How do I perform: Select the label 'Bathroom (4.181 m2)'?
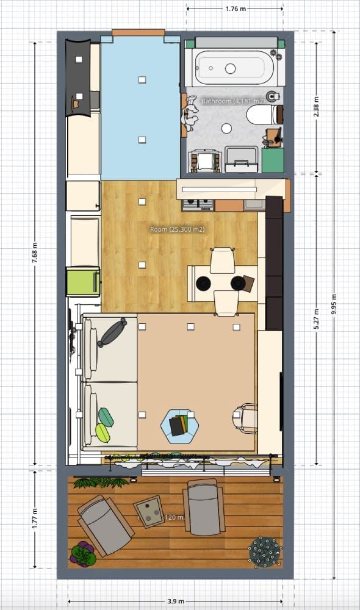pos(232,101)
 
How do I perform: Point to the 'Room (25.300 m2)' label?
pos(177,229)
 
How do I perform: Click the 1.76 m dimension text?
pos(235,9)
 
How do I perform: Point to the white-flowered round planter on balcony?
pos(265,551)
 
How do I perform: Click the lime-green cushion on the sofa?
pos(103,433)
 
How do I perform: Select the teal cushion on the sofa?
pos(106,417)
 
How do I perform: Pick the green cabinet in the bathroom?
pos(272,160)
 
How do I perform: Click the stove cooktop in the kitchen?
pos(198,204)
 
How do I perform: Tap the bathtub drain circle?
pos(231,68)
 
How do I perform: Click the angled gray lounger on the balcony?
pos(104,524)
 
